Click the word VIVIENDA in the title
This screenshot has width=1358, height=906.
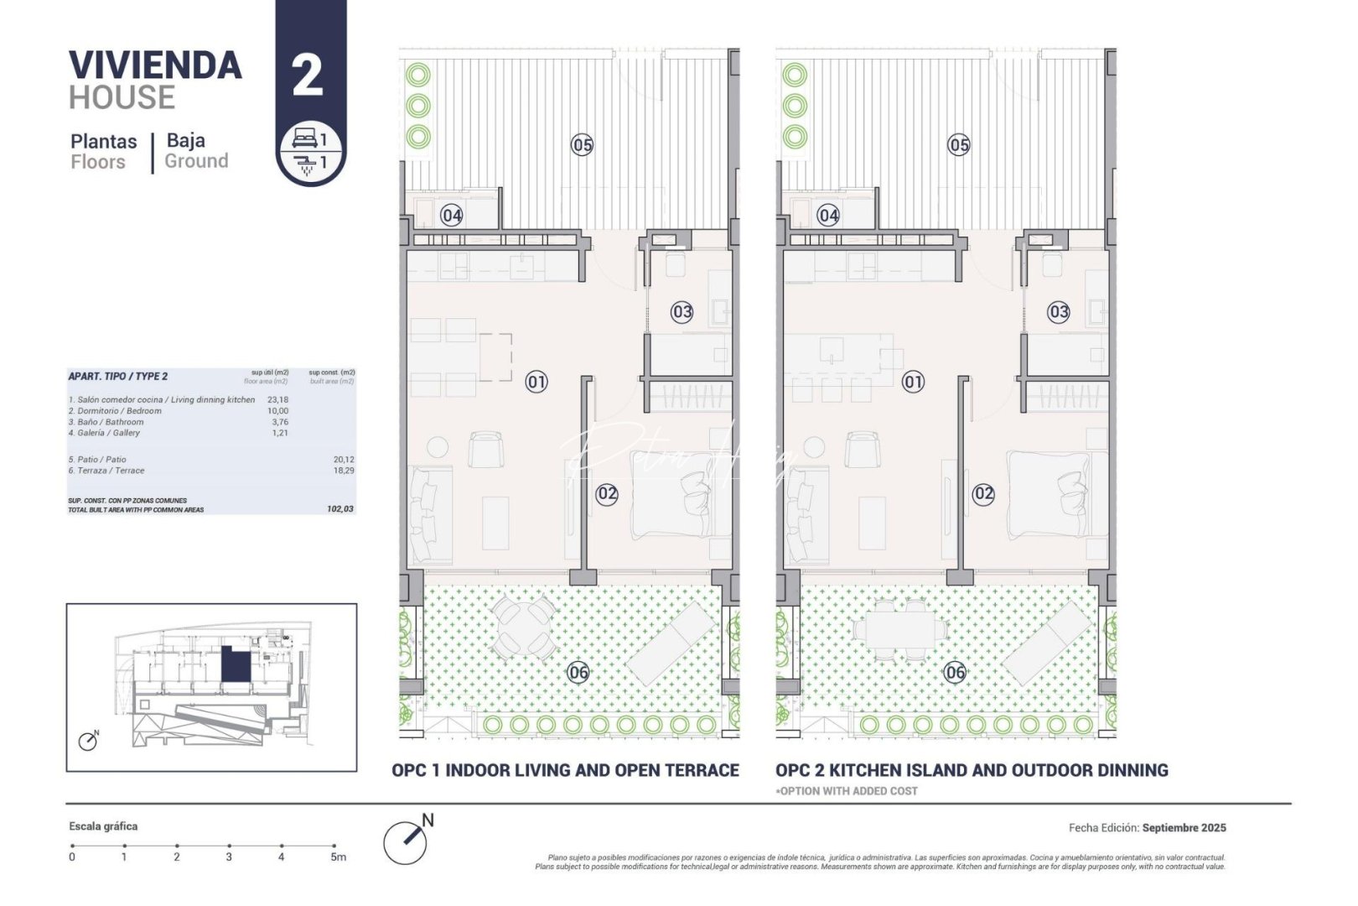click(155, 66)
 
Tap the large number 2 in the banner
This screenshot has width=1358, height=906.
click(308, 75)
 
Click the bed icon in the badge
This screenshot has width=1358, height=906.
click(303, 138)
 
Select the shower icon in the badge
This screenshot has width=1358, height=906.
click(305, 163)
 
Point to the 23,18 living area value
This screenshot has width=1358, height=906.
click(277, 400)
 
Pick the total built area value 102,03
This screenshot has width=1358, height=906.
click(339, 509)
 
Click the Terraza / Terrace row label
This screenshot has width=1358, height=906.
click(106, 471)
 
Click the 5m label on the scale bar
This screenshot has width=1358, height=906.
click(338, 857)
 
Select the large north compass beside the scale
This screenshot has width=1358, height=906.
click(406, 841)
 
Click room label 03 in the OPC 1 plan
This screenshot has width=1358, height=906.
click(682, 312)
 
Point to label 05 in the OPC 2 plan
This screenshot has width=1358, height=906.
click(959, 145)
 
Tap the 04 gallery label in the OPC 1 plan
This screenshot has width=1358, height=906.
click(452, 216)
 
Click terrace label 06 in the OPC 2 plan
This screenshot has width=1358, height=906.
click(955, 672)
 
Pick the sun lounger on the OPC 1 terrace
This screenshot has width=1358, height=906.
click(671, 642)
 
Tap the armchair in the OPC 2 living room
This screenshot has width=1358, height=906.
click(862, 449)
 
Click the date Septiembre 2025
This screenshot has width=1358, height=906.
click(1184, 828)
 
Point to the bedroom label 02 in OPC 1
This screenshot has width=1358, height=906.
click(607, 494)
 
